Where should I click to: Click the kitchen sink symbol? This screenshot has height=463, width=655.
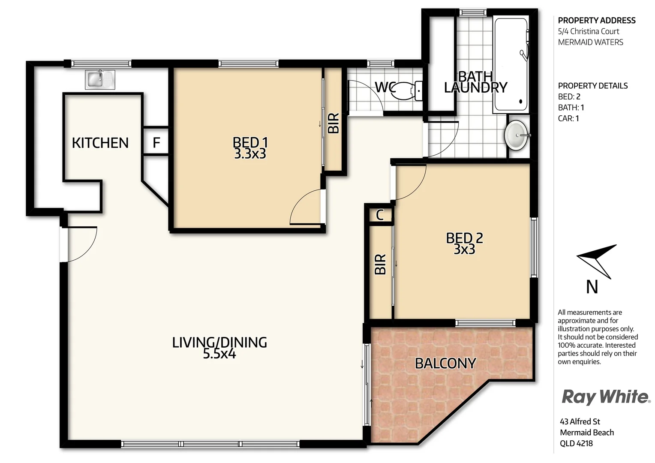[100, 80]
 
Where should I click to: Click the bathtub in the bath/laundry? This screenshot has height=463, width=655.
[511, 64]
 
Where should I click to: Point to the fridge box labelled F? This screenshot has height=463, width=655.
[156, 142]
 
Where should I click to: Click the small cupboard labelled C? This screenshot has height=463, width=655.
[380, 215]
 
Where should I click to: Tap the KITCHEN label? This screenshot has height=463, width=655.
[100, 143]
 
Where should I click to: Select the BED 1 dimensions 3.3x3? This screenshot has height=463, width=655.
[250, 154]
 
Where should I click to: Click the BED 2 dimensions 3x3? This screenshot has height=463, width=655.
[464, 250]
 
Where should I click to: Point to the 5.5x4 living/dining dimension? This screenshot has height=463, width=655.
[219, 354]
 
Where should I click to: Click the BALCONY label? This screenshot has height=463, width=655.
[445, 364]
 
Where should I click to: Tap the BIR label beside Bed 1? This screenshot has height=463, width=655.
[334, 123]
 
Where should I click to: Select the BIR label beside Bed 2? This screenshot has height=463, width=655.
[380, 265]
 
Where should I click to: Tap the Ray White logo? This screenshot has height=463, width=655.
[605, 397]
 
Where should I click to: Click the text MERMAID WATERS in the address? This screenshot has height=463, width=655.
[590, 42]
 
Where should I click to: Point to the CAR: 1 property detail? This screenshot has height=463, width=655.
[568, 118]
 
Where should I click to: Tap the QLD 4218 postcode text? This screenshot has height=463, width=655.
[576, 443]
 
